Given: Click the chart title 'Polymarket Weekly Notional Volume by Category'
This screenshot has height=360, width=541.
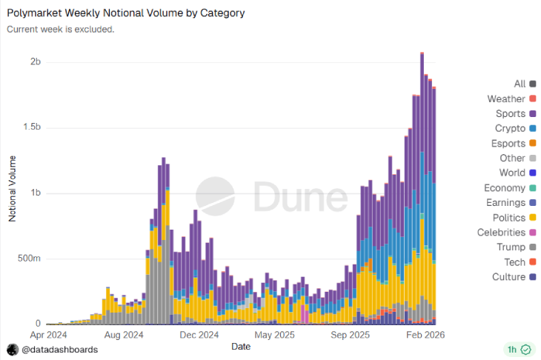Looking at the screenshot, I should tap(125, 13).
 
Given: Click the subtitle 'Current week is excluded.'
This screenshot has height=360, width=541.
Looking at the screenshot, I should tap(61, 30).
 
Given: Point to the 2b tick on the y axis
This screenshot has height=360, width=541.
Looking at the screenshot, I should tap(35, 61).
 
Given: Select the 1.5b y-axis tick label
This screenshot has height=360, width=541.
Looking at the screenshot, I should tap(30, 127).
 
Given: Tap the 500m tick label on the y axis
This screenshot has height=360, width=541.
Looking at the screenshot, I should tap(29, 259).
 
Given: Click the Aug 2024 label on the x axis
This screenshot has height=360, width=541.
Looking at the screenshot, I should tap(124, 335).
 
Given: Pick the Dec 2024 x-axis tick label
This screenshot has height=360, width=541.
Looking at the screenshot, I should tap(199, 335).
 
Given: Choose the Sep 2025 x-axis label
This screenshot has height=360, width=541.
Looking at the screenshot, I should tap(351, 335).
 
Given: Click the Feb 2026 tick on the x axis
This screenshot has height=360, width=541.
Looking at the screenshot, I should tap(425, 335).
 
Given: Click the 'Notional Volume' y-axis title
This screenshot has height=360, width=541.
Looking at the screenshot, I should tap(12, 189).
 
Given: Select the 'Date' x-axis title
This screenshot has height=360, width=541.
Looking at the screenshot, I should tap(241, 346).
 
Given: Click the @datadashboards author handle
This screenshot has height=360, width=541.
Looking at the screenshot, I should tap(59, 349).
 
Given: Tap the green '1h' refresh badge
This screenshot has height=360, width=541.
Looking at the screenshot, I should tap(518, 349).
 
